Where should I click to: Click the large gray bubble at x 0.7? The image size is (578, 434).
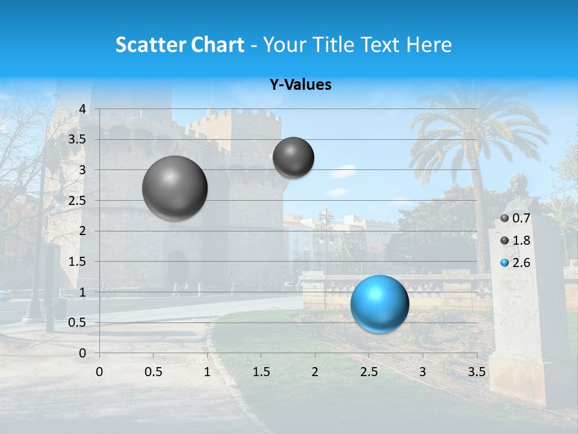(x=175, y=188)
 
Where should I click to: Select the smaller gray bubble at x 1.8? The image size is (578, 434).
(x=293, y=157)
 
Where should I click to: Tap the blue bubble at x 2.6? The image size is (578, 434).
(x=380, y=304)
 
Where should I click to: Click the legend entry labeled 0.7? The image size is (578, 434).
(x=515, y=218)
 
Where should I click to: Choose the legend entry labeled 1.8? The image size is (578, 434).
(x=515, y=241)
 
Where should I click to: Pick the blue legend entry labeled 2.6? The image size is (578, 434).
(x=515, y=263)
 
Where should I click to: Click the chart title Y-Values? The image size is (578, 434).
(x=300, y=85)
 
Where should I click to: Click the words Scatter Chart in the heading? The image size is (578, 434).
(x=179, y=45)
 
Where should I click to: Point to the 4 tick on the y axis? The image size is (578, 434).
(x=82, y=109)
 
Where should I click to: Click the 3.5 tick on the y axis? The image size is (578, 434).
(x=78, y=140)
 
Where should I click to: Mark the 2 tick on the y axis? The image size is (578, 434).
(x=82, y=231)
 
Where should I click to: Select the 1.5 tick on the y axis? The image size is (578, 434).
(x=78, y=262)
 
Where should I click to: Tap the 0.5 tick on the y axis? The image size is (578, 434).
(x=78, y=322)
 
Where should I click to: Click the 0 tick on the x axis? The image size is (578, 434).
(x=99, y=372)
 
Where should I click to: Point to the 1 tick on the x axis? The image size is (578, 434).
(x=207, y=372)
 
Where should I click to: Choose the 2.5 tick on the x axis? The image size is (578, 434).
(x=368, y=372)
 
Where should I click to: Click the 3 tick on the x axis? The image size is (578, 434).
(x=423, y=372)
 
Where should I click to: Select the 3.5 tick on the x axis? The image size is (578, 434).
(x=476, y=372)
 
